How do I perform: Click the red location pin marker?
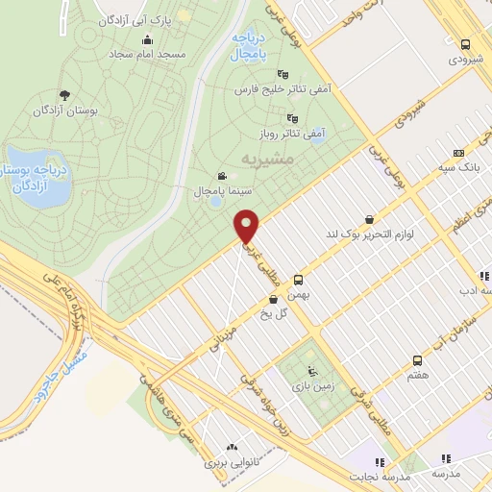(x=248, y=227)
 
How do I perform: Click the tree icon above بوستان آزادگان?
(x=64, y=94)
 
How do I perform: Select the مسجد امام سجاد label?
(x=145, y=55)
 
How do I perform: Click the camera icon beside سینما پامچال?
(x=223, y=176)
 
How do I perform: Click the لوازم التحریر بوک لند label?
(x=368, y=234)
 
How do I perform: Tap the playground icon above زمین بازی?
(x=309, y=373)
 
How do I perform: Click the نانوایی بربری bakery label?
(x=232, y=463)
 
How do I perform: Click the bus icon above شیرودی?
(x=465, y=44)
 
